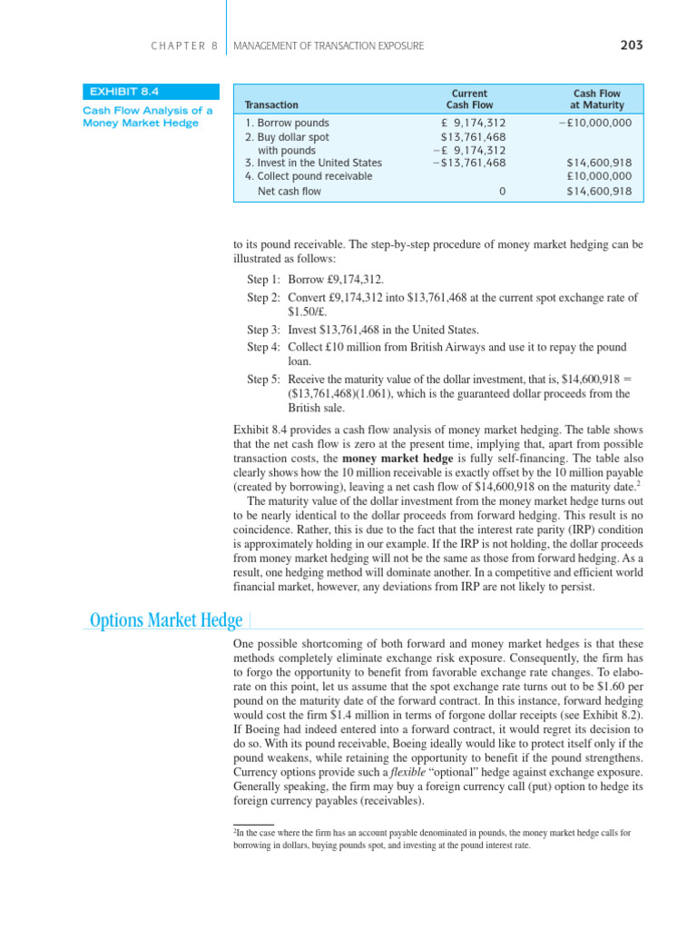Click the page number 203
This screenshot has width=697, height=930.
coord(632,45)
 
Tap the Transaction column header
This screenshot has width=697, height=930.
coord(271,105)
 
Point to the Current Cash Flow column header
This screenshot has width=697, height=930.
coord(469,99)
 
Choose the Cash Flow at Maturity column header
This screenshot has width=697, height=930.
coord(597,99)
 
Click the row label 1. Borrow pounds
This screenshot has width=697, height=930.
coord(288,123)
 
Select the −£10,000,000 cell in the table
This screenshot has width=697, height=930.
coord(594,123)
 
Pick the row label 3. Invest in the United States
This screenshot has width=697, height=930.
coord(313,163)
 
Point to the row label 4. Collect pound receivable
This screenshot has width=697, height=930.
coord(309,176)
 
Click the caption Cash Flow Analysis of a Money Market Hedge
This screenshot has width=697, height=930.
coord(148,117)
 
